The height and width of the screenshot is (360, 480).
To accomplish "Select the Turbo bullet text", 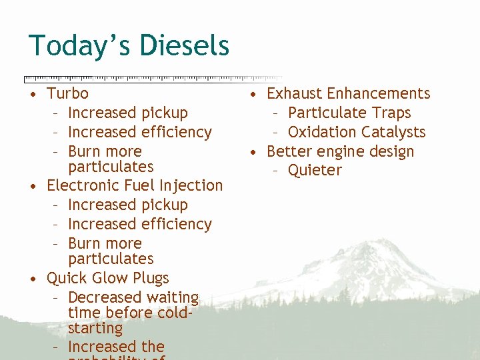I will pos(67,93).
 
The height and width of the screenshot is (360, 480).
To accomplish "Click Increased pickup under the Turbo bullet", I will pos(127,113).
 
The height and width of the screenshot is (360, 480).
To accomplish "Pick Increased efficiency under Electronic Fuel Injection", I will pos(139,224).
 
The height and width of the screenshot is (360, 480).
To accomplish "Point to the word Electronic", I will pos(81,185).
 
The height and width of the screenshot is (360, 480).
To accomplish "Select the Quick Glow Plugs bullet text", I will pos(107,278).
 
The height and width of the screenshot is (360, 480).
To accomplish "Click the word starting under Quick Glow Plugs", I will pos(95,329).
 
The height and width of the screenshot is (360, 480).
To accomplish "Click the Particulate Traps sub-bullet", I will pos(349,113).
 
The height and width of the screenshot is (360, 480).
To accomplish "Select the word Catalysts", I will pos(393,132).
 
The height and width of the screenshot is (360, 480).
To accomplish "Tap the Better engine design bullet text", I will pos(340,151).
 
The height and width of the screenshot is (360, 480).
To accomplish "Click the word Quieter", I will pos(315,171).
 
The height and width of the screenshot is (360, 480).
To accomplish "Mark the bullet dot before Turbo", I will pos(33,94).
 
